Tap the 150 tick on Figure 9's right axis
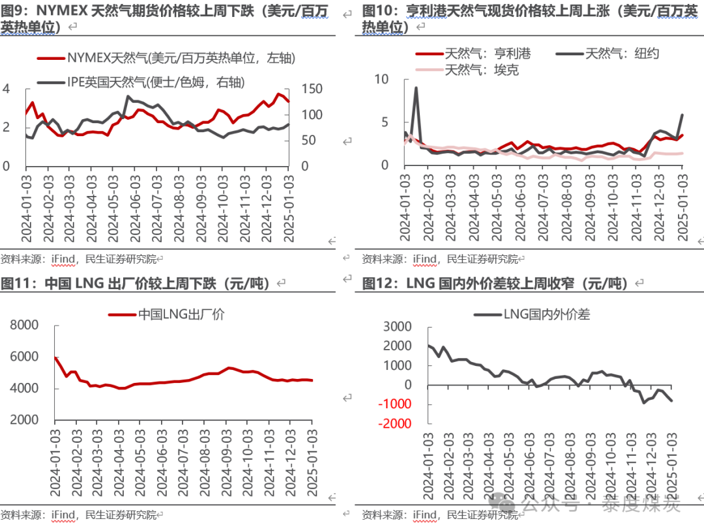[313, 89]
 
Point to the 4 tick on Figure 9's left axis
[7, 89]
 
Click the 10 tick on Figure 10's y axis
[381, 79]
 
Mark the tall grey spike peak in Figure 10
[416, 88]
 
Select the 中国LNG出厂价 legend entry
[176, 314]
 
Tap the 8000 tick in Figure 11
[25, 326]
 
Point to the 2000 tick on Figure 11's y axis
[25, 420]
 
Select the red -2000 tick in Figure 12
[396, 424]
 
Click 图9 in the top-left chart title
[14, 11]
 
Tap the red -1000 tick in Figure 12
[396, 404]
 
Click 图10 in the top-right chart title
[377, 11]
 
